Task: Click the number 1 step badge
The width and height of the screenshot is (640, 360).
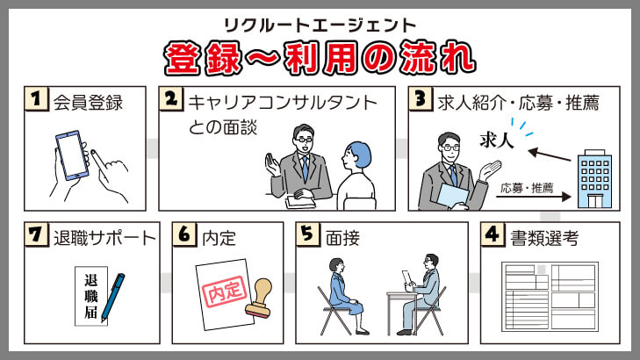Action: tap(36, 98)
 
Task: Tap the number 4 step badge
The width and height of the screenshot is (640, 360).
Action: tap(493, 234)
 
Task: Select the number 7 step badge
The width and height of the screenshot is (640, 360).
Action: tap(36, 234)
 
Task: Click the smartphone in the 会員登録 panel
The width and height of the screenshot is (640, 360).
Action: tap(72, 155)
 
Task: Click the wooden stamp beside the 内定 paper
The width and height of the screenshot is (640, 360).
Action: tap(260, 298)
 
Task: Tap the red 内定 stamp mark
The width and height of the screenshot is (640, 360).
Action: tap(225, 291)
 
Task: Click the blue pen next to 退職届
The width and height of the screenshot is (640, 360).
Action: tap(112, 297)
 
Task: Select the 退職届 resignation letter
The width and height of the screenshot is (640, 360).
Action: tap(91, 296)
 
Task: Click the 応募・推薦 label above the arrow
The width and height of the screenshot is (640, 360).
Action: tap(527, 188)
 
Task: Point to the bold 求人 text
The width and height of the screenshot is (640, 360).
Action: tap(496, 140)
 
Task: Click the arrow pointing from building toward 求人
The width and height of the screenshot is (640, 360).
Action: tap(549, 155)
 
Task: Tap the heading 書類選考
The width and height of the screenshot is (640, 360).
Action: tap(544, 238)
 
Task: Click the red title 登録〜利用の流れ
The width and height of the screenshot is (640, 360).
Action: tap(320, 58)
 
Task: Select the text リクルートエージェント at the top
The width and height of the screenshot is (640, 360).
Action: tap(320, 25)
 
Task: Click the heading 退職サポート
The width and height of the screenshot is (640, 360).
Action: tap(104, 238)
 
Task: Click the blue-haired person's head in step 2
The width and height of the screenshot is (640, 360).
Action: tap(356, 155)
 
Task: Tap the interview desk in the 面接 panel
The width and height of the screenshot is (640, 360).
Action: tap(402, 311)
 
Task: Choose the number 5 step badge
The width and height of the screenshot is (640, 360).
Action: tap(308, 234)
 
